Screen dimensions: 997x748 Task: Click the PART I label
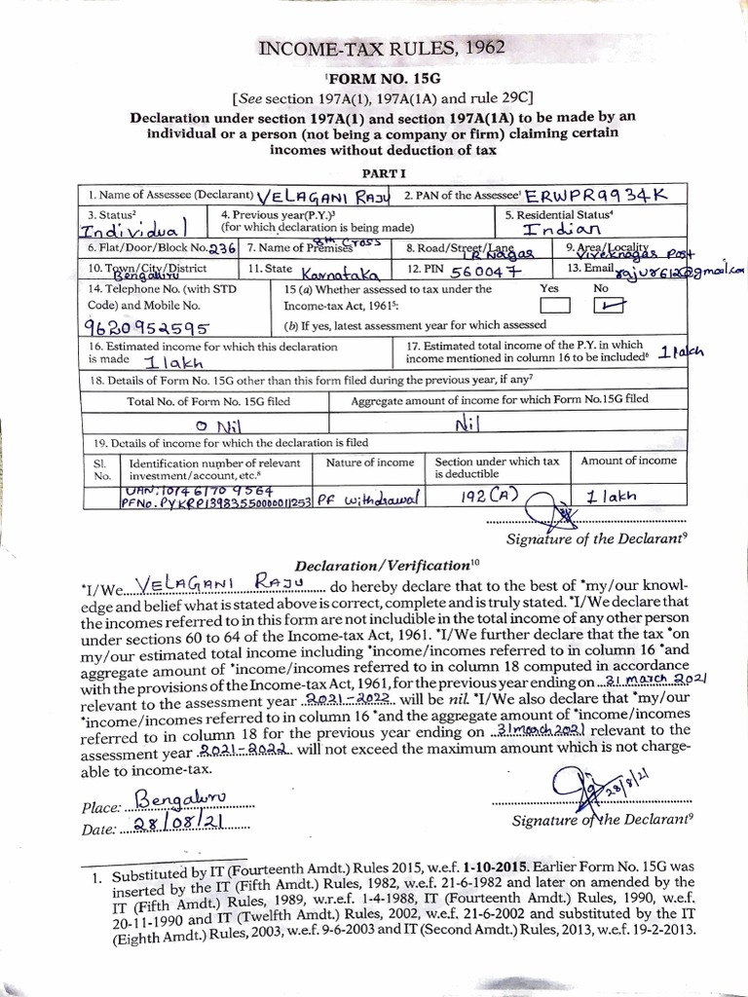click(x=375, y=169)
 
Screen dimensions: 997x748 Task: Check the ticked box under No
click(x=601, y=305)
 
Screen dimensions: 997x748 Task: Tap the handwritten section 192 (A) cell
click(x=491, y=496)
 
